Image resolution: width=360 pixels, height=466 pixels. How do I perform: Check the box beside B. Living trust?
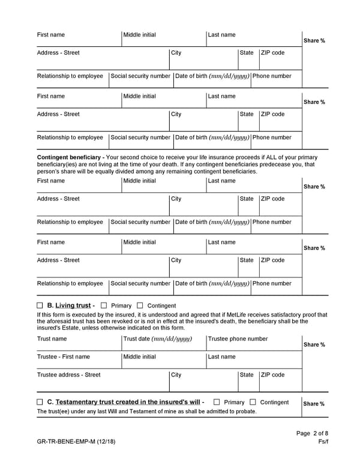pos(40,306)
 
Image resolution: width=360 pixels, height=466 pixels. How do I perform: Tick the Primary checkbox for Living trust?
pos(104,306)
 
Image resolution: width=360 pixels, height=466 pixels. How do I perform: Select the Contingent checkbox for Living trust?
pos(140,306)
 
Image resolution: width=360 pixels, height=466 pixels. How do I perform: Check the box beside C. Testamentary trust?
pos(40,402)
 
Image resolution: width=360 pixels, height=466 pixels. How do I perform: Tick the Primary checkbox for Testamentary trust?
pos(217,402)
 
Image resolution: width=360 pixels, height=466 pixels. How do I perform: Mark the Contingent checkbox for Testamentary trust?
pos(253,402)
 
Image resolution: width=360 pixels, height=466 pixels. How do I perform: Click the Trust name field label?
pos(52,339)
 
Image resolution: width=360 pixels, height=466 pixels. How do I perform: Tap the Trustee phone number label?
pos(238,339)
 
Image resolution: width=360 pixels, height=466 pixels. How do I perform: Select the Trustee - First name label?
pos(63,357)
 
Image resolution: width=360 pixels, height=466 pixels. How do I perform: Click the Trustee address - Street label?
pos(68,375)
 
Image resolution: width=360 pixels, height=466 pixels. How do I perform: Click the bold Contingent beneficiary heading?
pos(70,157)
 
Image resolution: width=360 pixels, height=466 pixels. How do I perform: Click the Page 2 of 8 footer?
pos(312,434)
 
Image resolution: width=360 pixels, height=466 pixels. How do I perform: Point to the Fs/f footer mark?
pos(323,443)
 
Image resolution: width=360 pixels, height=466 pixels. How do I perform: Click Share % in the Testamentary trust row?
pos(314,404)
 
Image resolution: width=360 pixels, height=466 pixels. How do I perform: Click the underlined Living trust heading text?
pos(73,306)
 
